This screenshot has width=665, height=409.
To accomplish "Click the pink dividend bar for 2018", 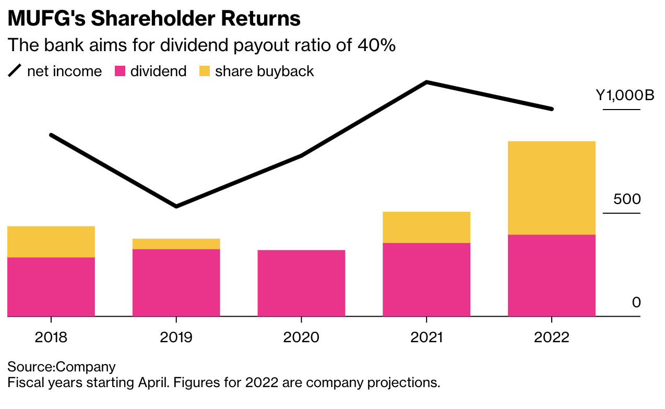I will pyautogui.click(x=51, y=286).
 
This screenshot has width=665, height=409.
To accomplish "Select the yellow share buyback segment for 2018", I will pyautogui.click(x=51, y=242).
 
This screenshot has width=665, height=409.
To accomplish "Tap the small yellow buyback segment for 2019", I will pyautogui.click(x=176, y=244).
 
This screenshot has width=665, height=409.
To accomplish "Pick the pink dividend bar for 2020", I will pyautogui.click(x=301, y=283).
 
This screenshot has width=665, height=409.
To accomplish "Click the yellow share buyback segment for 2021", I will pyautogui.click(x=426, y=227).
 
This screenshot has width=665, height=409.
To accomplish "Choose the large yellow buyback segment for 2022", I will pyautogui.click(x=552, y=188).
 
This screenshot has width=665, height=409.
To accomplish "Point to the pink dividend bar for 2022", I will pyautogui.click(x=552, y=275).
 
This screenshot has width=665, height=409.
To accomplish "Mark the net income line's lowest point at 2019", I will pyautogui.click(x=176, y=206).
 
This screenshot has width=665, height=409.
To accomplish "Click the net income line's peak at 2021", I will pyautogui.click(x=426, y=82).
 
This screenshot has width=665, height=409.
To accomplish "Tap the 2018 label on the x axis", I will pyautogui.click(x=51, y=337).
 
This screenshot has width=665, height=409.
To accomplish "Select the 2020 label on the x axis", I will pyautogui.click(x=301, y=337).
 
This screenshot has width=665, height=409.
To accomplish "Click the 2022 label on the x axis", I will pyautogui.click(x=552, y=337).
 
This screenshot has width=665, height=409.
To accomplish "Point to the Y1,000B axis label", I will pyautogui.click(x=625, y=96).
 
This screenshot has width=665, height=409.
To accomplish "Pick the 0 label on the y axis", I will pyautogui.click(x=636, y=303).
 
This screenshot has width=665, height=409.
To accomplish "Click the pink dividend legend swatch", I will pyautogui.click(x=121, y=71).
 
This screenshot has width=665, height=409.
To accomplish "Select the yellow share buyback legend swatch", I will pyautogui.click(x=205, y=71).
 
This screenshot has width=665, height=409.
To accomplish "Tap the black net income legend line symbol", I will pyautogui.click(x=14, y=71).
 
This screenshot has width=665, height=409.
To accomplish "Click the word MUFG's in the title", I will pyautogui.click(x=45, y=19).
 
